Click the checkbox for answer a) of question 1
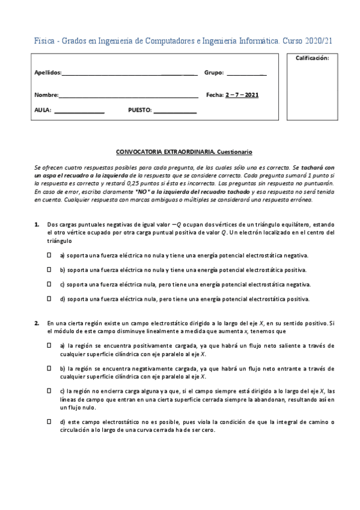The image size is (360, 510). pyautogui.click(x=49, y=255)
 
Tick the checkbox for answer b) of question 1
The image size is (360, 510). pyautogui.click(x=49, y=269)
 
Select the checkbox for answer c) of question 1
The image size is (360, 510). pyautogui.click(x=49, y=284)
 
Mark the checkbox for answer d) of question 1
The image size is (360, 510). pyautogui.click(x=49, y=298)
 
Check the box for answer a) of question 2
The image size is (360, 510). pyautogui.click(x=49, y=346)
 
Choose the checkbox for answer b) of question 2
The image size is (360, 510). pyautogui.click(x=49, y=367)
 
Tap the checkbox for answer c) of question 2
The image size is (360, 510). pyautogui.click(x=49, y=390)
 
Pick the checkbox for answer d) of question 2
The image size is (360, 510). pyautogui.click(x=49, y=422)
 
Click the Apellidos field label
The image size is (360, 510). pyautogui.click(x=47, y=73)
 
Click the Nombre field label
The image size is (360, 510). pyautogui.click(x=46, y=95)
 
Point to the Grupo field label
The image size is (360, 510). pyautogui.click(x=213, y=73)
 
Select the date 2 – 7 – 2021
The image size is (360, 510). pyautogui.click(x=242, y=95)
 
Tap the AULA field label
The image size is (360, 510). pyautogui.click(x=43, y=111)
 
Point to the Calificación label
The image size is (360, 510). pyautogui.click(x=312, y=58)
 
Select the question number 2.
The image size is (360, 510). pyautogui.click(x=37, y=323)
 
